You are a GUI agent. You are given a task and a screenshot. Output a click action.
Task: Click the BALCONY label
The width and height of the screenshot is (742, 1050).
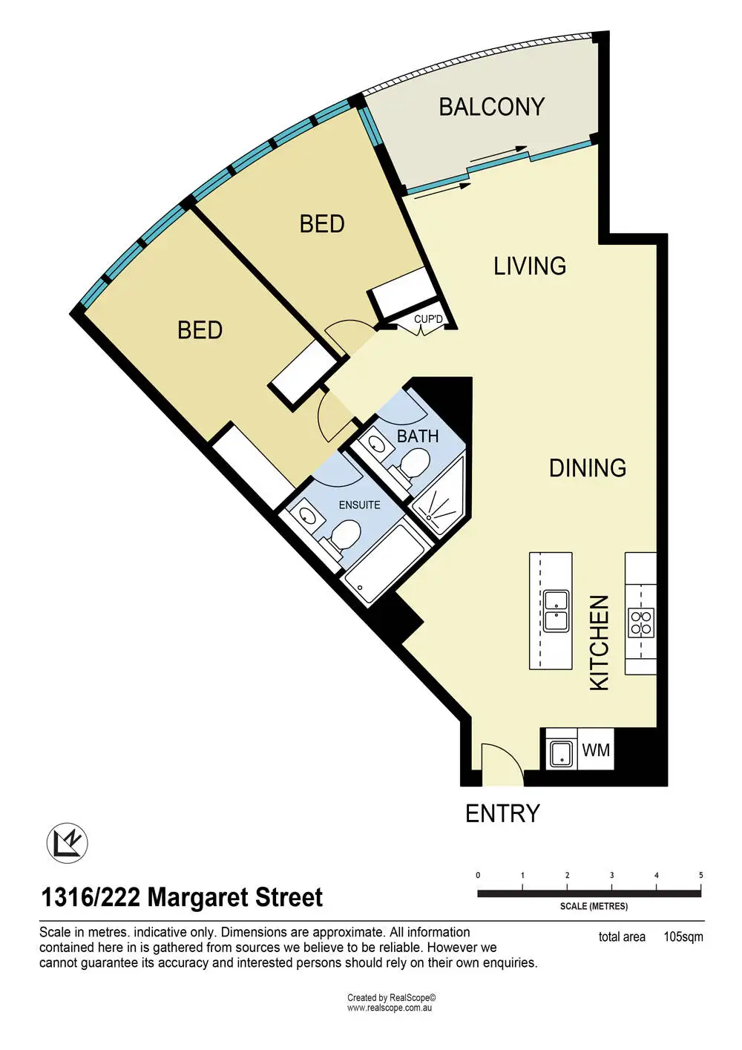(491, 106)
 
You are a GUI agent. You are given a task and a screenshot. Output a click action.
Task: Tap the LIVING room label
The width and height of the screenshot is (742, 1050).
(530, 266)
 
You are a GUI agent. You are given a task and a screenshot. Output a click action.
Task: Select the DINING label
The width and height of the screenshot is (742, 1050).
(588, 467)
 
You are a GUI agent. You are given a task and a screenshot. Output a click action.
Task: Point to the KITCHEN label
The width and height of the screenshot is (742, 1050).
(599, 643)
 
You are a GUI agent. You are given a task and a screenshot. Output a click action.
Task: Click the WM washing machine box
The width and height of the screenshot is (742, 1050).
(596, 749)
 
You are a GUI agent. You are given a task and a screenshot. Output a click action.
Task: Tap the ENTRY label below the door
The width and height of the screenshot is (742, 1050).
(502, 813)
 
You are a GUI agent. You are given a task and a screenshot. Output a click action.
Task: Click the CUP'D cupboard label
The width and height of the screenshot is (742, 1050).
(428, 319)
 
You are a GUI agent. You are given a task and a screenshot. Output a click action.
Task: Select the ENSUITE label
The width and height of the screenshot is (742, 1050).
(360, 505)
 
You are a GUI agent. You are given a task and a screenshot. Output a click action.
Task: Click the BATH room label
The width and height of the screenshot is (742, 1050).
(418, 436)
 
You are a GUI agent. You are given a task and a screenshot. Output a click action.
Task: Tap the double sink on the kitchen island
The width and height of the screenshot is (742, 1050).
(556, 610)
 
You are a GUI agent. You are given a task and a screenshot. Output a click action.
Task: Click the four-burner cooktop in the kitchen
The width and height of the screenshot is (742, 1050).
(641, 622)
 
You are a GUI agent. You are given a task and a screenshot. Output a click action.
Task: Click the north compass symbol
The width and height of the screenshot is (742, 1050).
(67, 843)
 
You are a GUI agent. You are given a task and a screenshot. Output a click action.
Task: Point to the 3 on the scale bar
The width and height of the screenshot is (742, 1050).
(611, 875)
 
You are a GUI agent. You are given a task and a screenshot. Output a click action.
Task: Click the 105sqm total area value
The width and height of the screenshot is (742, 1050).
(683, 937)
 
